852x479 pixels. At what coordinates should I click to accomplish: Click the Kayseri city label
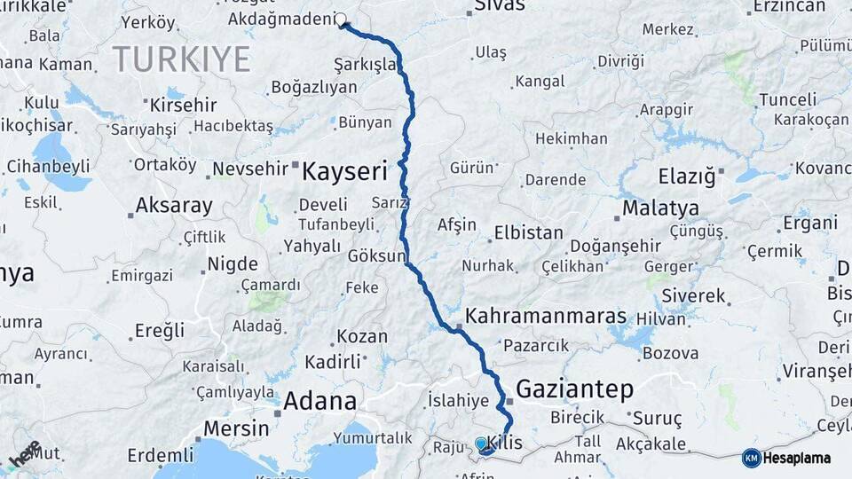344,170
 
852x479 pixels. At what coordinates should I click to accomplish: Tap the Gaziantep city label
574,389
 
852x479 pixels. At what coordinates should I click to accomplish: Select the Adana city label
319,401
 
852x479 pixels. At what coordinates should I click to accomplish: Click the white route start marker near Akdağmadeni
341,19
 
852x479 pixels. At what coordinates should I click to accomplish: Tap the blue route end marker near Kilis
481,443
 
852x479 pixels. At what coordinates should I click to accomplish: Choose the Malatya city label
659,209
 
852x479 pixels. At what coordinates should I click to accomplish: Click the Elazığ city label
686,177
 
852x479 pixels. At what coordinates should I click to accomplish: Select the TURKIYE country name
181,59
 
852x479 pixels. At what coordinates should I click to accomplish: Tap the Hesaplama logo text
797,458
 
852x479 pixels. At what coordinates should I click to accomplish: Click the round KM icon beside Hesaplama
752,458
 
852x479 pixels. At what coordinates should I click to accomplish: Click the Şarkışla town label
365,65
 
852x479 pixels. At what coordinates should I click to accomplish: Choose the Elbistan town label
528,232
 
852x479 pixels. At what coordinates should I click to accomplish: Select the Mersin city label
236,428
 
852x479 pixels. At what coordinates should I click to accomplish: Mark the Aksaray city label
174,207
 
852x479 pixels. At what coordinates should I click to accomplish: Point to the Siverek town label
693,295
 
